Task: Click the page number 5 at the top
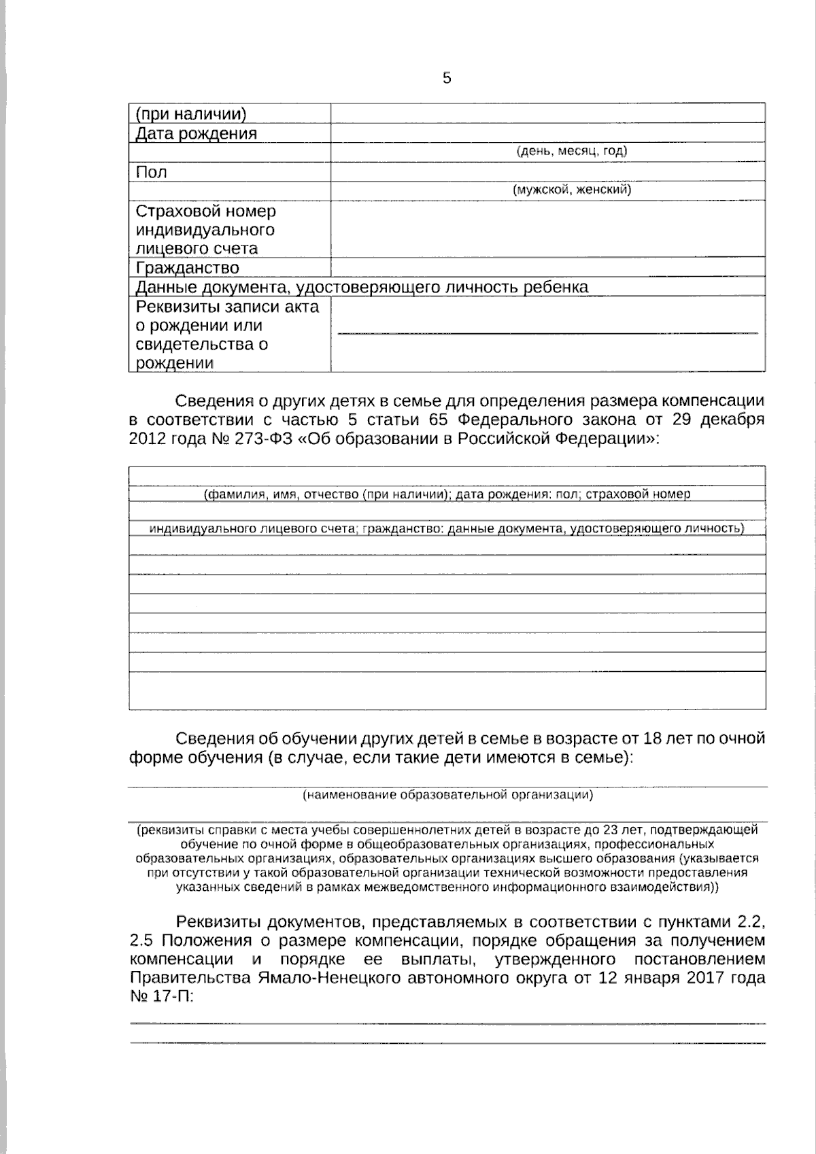coord(447,78)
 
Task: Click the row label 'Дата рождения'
coord(197,133)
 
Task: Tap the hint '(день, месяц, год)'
coord(571,151)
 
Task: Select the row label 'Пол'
coord(152,172)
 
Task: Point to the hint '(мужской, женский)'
coord(571,190)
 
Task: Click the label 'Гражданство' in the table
coord(188,267)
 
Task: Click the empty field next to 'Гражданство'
coord(547,267)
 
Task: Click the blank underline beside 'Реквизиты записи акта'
coord(547,331)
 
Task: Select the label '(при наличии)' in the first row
coord(191,114)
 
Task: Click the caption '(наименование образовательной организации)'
coord(447,794)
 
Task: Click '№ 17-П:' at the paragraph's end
coord(160,998)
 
